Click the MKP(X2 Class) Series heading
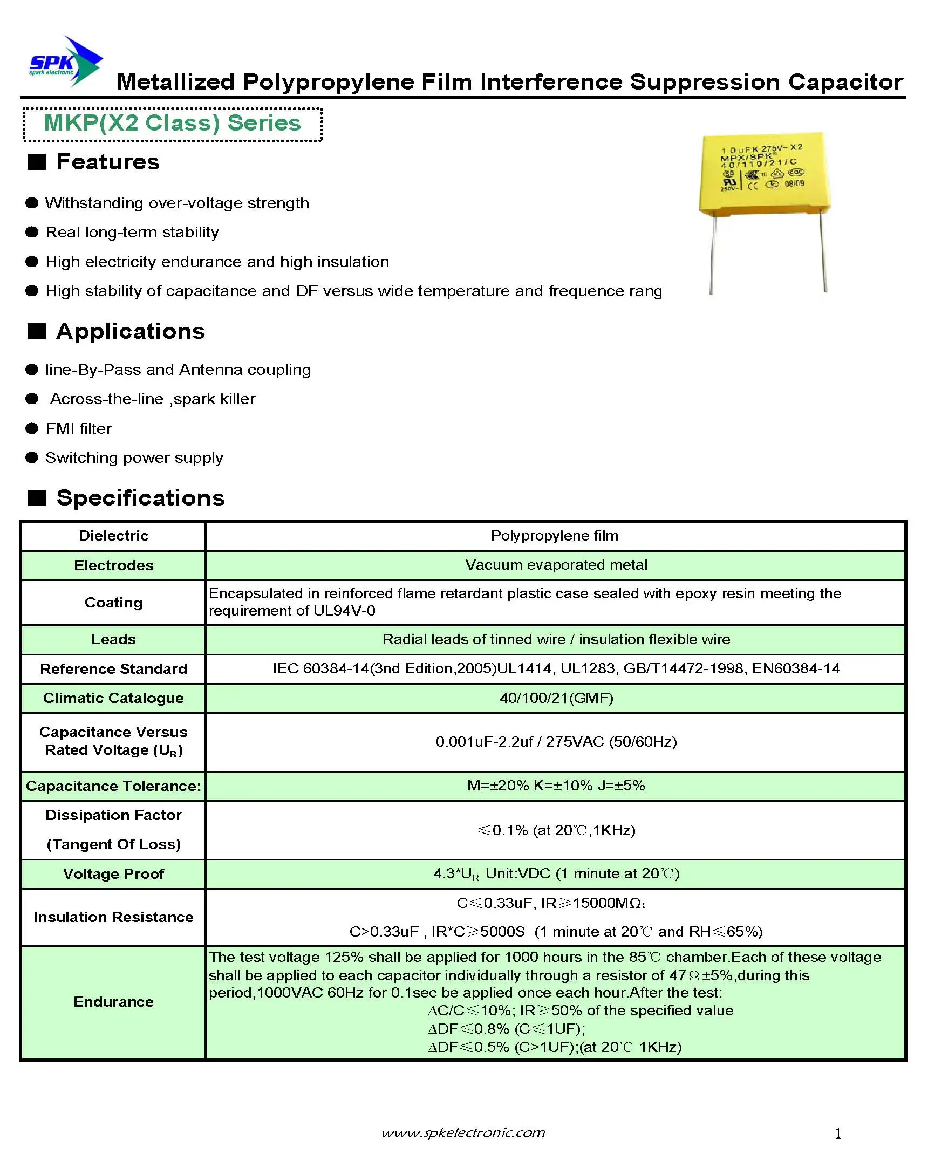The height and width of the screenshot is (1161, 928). tap(172, 124)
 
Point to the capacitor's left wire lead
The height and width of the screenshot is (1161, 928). tap(713, 254)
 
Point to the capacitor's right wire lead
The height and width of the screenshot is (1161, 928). tap(823, 251)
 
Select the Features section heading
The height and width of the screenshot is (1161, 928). tap(107, 162)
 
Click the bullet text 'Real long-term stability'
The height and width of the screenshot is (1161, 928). tap(132, 233)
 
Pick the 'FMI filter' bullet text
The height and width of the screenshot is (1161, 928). tap(79, 428)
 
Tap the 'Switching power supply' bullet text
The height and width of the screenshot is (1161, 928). tap(134, 458)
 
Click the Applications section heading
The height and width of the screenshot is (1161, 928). tap(130, 331)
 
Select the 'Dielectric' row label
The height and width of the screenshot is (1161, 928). tap(113, 536)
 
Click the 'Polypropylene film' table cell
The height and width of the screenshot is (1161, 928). tap(554, 536)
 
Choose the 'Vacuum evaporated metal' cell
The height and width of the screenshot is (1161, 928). tap(556, 565)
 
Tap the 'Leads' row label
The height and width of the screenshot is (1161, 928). tap(113, 639)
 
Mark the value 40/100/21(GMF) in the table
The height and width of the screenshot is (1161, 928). tap(556, 698)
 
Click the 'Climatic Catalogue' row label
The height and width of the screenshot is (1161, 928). tap(113, 698)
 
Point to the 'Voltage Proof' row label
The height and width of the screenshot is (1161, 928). tap(113, 874)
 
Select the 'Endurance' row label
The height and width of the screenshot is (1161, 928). tap(113, 1002)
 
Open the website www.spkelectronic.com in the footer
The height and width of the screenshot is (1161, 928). tap(463, 1132)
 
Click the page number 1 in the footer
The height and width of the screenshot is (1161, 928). tap(838, 1134)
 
